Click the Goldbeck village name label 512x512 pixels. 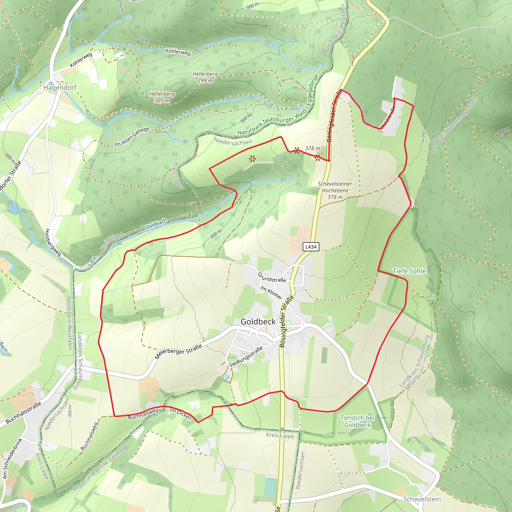pos(258,322)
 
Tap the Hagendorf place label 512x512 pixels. pos(60,87)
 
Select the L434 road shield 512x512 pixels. pos(311,247)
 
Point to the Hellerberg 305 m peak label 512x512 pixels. pos(162,97)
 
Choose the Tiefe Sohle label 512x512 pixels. pos(409,271)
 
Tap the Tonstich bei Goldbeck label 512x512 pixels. pos(357,421)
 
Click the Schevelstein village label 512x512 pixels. pos(422,499)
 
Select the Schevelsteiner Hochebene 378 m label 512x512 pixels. pos(335,190)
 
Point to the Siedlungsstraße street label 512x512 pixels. pos(246,356)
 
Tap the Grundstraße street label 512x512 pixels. pos(272,277)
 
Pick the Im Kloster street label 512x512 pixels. pos(271,292)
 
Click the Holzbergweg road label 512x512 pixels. pos(53,242)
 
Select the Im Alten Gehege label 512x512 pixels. pos(132,137)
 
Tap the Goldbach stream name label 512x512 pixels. pos(156,224)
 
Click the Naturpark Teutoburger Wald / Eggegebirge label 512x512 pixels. pos(278,111)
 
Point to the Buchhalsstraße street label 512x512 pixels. pos(23,412)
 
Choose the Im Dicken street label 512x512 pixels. pos(180,414)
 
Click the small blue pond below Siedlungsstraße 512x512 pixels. pos(226,377)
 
